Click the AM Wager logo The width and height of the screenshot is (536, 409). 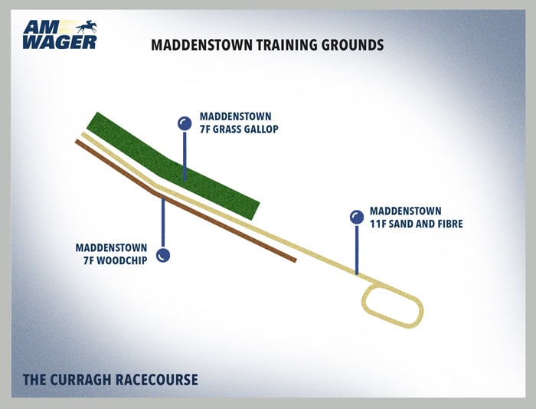tap(60, 34)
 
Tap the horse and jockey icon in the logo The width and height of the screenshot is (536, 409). tap(87, 27)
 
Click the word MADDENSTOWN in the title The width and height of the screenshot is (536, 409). tap(201, 45)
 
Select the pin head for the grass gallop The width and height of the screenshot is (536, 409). tap(185, 123)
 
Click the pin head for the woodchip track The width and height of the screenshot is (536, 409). tap(163, 255)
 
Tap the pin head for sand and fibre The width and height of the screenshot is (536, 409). tap(357, 218)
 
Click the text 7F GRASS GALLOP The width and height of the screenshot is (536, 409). tap(239, 129)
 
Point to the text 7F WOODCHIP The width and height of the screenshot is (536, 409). tap(115, 260)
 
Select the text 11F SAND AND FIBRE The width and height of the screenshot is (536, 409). tap(417, 224)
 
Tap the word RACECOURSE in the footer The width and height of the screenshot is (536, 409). tap(156, 380)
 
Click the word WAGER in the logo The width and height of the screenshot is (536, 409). tap(60, 42)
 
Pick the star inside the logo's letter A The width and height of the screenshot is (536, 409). tap(32, 25)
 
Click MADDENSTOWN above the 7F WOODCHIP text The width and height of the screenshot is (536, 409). tap(112, 247)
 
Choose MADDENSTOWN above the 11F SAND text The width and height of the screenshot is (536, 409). tap(406, 211)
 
